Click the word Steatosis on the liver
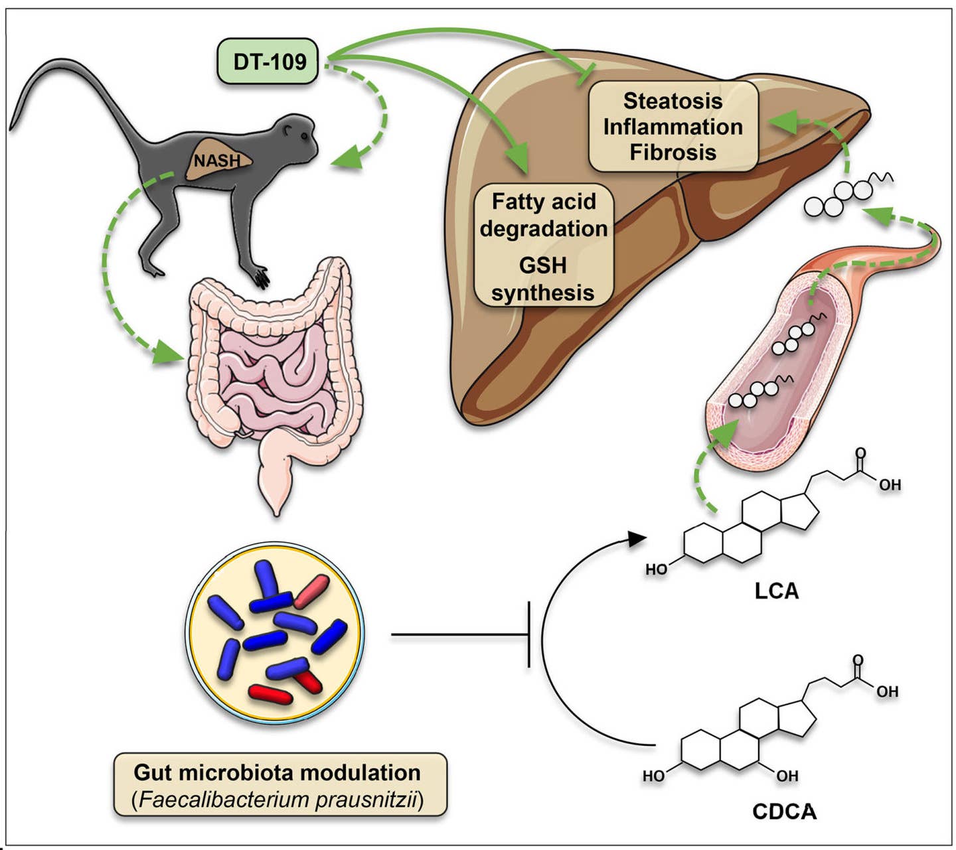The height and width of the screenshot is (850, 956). (673, 101)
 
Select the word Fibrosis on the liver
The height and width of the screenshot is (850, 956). (673, 153)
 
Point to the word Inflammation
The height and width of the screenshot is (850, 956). (673, 127)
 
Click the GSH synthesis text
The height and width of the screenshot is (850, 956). (543, 279)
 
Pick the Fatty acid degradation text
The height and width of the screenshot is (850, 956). (543, 214)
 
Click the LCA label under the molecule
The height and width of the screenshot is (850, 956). (776, 591)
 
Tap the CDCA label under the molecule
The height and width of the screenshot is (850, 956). (784, 811)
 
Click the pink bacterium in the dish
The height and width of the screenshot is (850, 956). (311, 592)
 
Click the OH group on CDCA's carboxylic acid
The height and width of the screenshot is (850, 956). (887, 691)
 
